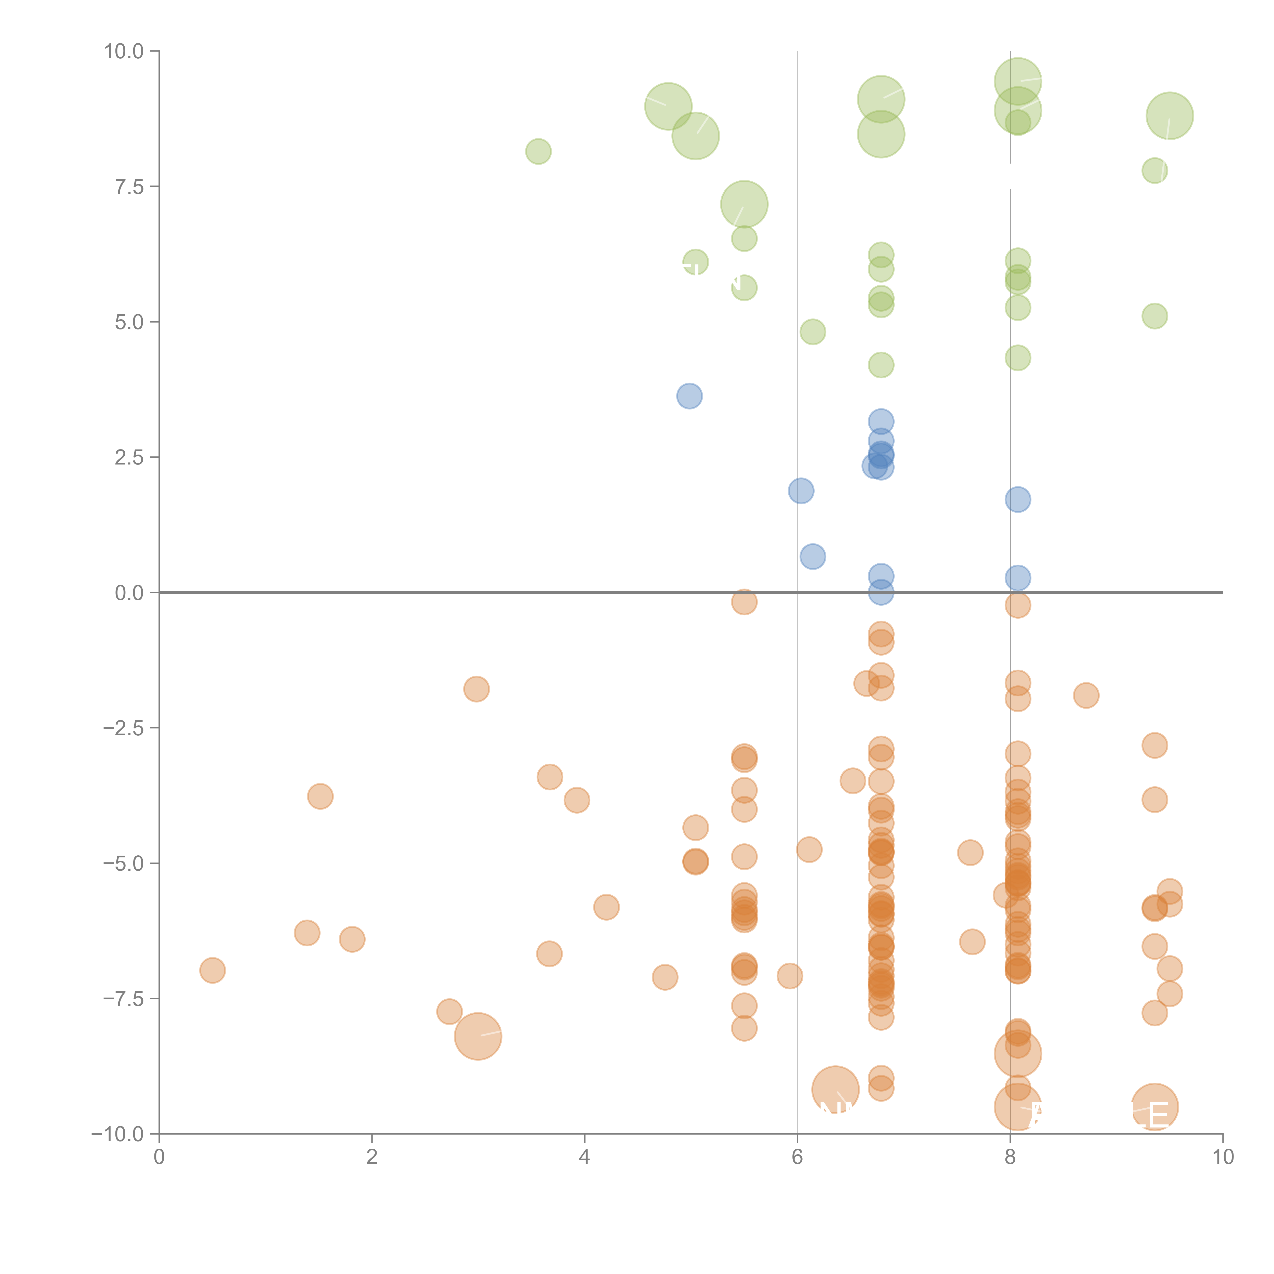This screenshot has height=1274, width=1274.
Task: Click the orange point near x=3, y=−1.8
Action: [x=476, y=689]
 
